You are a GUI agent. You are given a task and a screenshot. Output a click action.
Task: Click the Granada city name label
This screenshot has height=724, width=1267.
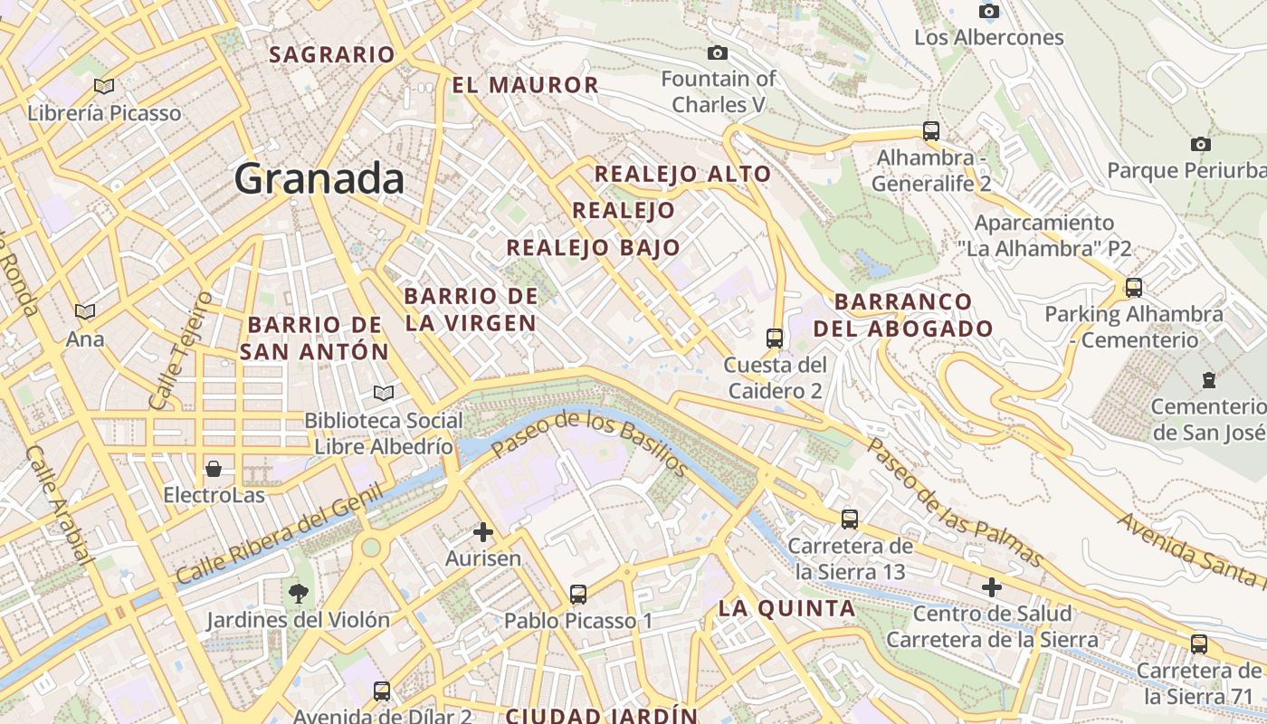point(319,178)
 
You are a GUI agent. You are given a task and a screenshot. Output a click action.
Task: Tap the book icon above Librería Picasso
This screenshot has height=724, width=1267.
point(104,86)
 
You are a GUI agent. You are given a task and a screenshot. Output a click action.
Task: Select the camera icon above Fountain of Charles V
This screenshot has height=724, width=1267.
point(718,53)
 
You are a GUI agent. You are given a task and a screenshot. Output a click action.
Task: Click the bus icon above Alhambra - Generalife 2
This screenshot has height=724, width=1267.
point(931,131)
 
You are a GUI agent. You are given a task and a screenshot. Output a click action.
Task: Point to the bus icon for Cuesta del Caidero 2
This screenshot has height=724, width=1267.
point(775,338)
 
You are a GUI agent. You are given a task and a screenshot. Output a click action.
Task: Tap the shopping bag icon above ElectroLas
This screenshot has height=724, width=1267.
point(214,469)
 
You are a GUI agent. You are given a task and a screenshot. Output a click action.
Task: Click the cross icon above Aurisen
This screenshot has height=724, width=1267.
point(483,532)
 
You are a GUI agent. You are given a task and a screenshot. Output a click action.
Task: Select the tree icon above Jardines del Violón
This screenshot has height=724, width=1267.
point(298,594)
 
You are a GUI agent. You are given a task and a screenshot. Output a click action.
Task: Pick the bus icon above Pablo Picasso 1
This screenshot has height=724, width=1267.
point(578,595)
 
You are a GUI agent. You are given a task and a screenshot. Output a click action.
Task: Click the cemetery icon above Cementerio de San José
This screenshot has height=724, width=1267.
point(1208,380)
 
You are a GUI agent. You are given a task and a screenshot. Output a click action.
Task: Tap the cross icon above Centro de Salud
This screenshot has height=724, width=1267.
point(992,587)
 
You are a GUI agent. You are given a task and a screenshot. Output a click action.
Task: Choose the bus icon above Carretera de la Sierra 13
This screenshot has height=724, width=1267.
point(850,519)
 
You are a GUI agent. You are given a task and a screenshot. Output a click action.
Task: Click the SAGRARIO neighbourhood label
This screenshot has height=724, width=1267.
point(332,54)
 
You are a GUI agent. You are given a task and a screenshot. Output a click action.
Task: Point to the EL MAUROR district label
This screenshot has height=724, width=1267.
point(525,85)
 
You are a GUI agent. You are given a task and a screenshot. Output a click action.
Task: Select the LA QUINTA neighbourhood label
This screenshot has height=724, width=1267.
point(786,608)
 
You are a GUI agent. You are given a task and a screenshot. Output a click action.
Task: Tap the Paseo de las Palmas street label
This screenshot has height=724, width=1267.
point(955,503)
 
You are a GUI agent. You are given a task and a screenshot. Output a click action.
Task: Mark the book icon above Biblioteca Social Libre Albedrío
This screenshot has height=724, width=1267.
point(384,394)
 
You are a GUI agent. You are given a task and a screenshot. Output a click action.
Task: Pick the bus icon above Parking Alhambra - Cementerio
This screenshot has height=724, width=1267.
point(1133,288)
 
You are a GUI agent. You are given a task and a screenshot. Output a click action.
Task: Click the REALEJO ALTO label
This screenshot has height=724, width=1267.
point(682,174)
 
